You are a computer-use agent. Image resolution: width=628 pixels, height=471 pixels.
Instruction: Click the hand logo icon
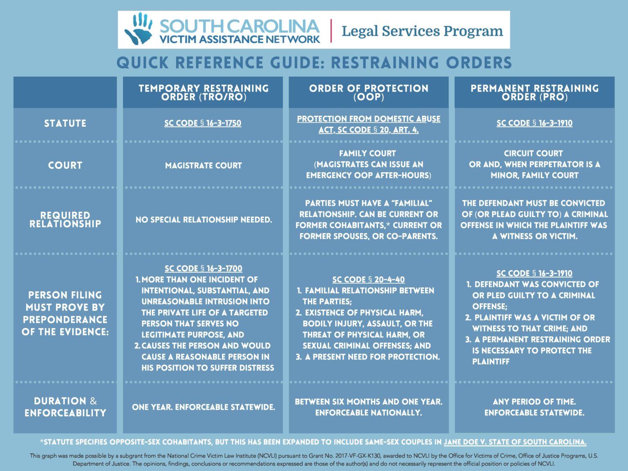click(x=139, y=29)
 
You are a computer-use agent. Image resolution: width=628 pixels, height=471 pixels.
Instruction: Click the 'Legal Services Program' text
click(x=422, y=31)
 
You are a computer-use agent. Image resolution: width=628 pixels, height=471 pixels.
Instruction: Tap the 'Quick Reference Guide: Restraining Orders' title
click(x=314, y=63)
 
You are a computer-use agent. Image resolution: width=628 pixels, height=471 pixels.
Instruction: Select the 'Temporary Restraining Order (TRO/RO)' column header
click(x=203, y=92)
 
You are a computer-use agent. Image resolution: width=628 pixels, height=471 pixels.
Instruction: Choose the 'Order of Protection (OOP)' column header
click(x=368, y=92)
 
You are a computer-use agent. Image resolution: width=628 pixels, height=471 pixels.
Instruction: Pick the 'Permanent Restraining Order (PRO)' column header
click(x=534, y=92)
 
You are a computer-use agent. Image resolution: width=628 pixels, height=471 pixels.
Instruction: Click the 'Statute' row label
click(x=65, y=123)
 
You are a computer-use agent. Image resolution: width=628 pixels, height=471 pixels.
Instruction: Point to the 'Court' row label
click(x=65, y=165)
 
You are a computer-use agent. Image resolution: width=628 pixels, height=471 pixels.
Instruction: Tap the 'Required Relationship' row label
click(x=65, y=220)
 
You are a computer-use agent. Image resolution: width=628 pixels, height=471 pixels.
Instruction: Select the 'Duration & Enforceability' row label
click(x=65, y=407)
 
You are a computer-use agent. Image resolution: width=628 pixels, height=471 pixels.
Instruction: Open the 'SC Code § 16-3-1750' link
click(x=203, y=123)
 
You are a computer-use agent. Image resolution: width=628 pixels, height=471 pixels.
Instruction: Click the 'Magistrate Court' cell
click(x=203, y=166)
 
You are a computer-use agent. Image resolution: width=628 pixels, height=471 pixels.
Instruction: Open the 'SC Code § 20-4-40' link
click(x=368, y=280)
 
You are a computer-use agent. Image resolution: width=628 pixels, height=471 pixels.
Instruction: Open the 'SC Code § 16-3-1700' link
click(x=203, y=269)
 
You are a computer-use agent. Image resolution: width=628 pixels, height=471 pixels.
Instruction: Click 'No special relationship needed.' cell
click(x=204, y=220)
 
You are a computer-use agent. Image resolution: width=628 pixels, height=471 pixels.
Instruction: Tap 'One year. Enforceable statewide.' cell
click(x=203, y=407)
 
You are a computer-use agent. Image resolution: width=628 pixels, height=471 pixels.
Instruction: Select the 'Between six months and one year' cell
click(x=368, y=402)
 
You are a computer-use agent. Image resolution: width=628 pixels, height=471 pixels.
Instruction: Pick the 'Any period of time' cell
click(x=534, y=402)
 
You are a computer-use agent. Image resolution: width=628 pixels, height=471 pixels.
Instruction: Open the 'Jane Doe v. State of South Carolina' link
click(x=515, y=442)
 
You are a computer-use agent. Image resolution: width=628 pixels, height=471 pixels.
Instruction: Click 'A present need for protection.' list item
click(x=372, y=357)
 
